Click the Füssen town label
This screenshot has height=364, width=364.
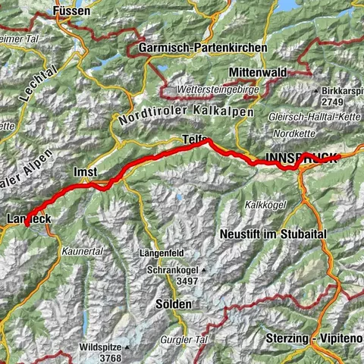click(73, 12)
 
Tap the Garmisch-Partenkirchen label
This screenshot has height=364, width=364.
click(203, 48)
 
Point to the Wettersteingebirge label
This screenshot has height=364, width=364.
click(217, 89)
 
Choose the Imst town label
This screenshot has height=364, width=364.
click(85, 171)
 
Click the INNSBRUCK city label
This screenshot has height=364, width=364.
click(301, 158)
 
